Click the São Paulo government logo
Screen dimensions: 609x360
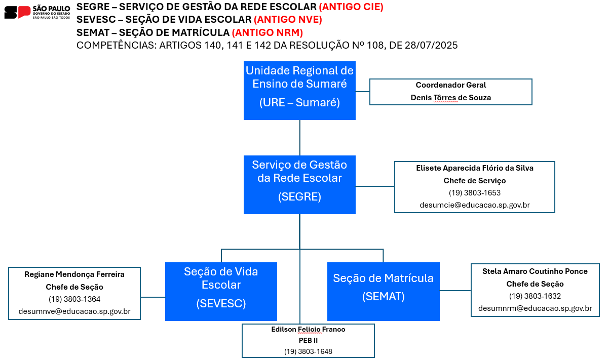click(37, 12)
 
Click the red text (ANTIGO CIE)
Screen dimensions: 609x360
click(351, 7)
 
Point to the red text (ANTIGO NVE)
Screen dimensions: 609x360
click(288, 20)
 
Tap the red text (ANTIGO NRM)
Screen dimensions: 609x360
click(267, 32)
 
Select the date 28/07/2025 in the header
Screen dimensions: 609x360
click(431, 45)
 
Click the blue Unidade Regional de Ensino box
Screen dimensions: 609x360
click(299, 91)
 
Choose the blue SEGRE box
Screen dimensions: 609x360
click(299, 185)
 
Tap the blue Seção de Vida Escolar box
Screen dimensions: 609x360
click(221, 292)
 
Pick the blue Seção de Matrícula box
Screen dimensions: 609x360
click(384, 292)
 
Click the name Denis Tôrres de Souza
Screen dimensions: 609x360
click(451, 98)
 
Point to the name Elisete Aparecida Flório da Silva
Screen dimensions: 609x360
click(475, 168)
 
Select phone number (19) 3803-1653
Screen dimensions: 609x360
click(475, 192)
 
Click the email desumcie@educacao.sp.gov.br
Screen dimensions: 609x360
click(475, 205)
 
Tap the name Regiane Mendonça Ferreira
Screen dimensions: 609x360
click(74, 274)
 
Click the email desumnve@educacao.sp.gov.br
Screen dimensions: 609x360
click(74, 311)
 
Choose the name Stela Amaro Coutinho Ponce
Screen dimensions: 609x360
click(535, 271)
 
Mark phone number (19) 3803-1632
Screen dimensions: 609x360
click(535, 296)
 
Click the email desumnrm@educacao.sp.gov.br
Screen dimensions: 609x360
click(535, 308)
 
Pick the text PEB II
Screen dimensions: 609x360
click(309, 340)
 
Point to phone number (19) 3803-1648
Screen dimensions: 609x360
click(309, 351)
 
